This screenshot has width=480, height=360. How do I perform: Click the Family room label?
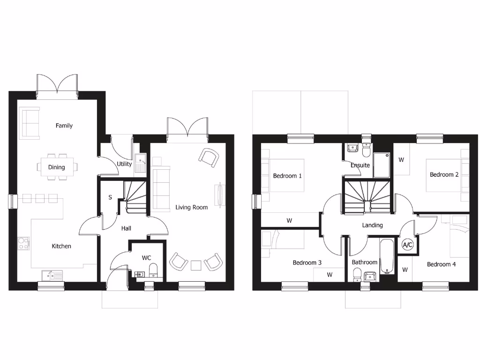(x=64, y=126)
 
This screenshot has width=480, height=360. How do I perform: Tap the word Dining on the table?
(x=57, y=167)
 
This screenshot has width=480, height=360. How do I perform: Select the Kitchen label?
(x=61, y=246)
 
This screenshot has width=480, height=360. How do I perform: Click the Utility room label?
(x=124, y=164)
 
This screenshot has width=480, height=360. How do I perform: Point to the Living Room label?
(x=192, y=207)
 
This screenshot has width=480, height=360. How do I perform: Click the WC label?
(x=147, y=258)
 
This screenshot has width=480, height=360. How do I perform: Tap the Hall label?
(x=127, y=229)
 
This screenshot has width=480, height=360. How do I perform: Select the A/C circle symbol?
(x=407, y=245)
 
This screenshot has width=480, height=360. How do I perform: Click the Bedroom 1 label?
(x=287, y=176)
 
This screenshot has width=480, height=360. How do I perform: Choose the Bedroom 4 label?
(x=441, y=264)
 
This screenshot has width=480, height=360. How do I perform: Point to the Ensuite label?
(x=360, y=165)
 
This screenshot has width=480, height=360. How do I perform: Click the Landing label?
(x=372, y=225)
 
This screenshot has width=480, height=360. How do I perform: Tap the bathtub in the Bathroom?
(x=386, y=256)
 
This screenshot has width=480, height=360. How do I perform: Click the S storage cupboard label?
(x=110, y=197)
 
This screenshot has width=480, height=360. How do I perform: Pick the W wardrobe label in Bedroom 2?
(x=401, y=159)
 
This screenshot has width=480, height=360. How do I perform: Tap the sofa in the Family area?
(x=29, y=123)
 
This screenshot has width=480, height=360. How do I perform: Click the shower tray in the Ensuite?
(x=382, y=165)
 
